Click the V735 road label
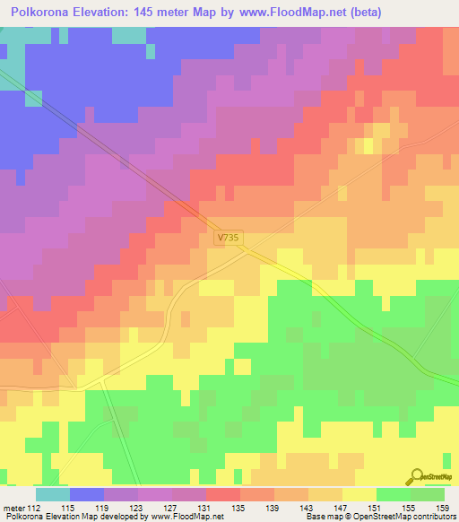229,239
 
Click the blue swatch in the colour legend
87,494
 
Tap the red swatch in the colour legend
223,494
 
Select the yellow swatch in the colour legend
359,494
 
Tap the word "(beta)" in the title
367,13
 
